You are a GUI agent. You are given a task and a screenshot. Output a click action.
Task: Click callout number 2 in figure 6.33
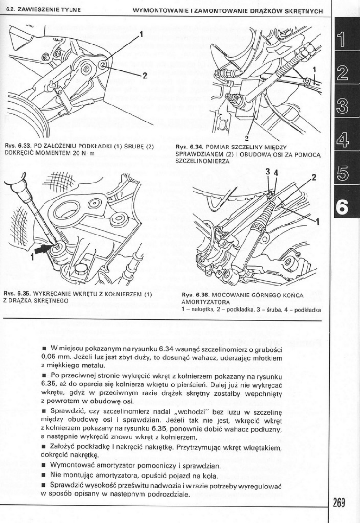(145, 75)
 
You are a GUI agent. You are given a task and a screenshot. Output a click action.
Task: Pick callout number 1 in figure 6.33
(141, 34)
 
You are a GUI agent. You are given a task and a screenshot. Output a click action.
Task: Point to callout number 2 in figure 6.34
(246, 139)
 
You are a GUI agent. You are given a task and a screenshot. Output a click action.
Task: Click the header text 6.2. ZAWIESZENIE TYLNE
(41, 10)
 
